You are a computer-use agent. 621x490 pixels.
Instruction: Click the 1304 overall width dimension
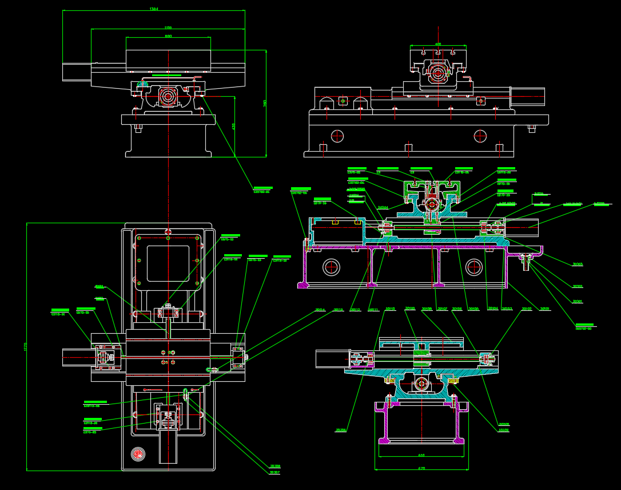[x=153, y=9]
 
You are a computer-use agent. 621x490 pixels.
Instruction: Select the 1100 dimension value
[x=168, y=27]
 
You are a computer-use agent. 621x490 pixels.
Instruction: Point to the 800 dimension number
[x=168, y=36]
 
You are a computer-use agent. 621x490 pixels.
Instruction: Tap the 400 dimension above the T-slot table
[x=438, y=44]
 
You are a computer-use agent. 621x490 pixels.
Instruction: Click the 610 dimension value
[x=421, y=456]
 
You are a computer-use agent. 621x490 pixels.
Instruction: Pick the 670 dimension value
[x=421, y=468]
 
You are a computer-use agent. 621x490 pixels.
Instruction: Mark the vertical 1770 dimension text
[x=25, y=347]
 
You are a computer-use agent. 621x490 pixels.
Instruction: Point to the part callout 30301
[x=578, y=302]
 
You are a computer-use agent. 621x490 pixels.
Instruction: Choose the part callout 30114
[x=320, y=310]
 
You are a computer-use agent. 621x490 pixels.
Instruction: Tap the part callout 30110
[x=391, y=309]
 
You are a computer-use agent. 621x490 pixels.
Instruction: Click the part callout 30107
[x=442, y=309]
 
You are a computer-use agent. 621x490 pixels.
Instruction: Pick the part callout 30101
[x=545, y=309]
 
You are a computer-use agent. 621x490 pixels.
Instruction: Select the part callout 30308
[x=275, y=466]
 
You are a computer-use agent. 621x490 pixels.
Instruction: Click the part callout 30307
[x=275, y=473]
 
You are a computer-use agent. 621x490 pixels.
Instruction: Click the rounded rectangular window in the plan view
[x=168, y=263]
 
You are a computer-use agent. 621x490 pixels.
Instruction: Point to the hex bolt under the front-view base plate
[x=138, y=128]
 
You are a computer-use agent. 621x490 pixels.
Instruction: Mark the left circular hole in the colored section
[x=331, y=267]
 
